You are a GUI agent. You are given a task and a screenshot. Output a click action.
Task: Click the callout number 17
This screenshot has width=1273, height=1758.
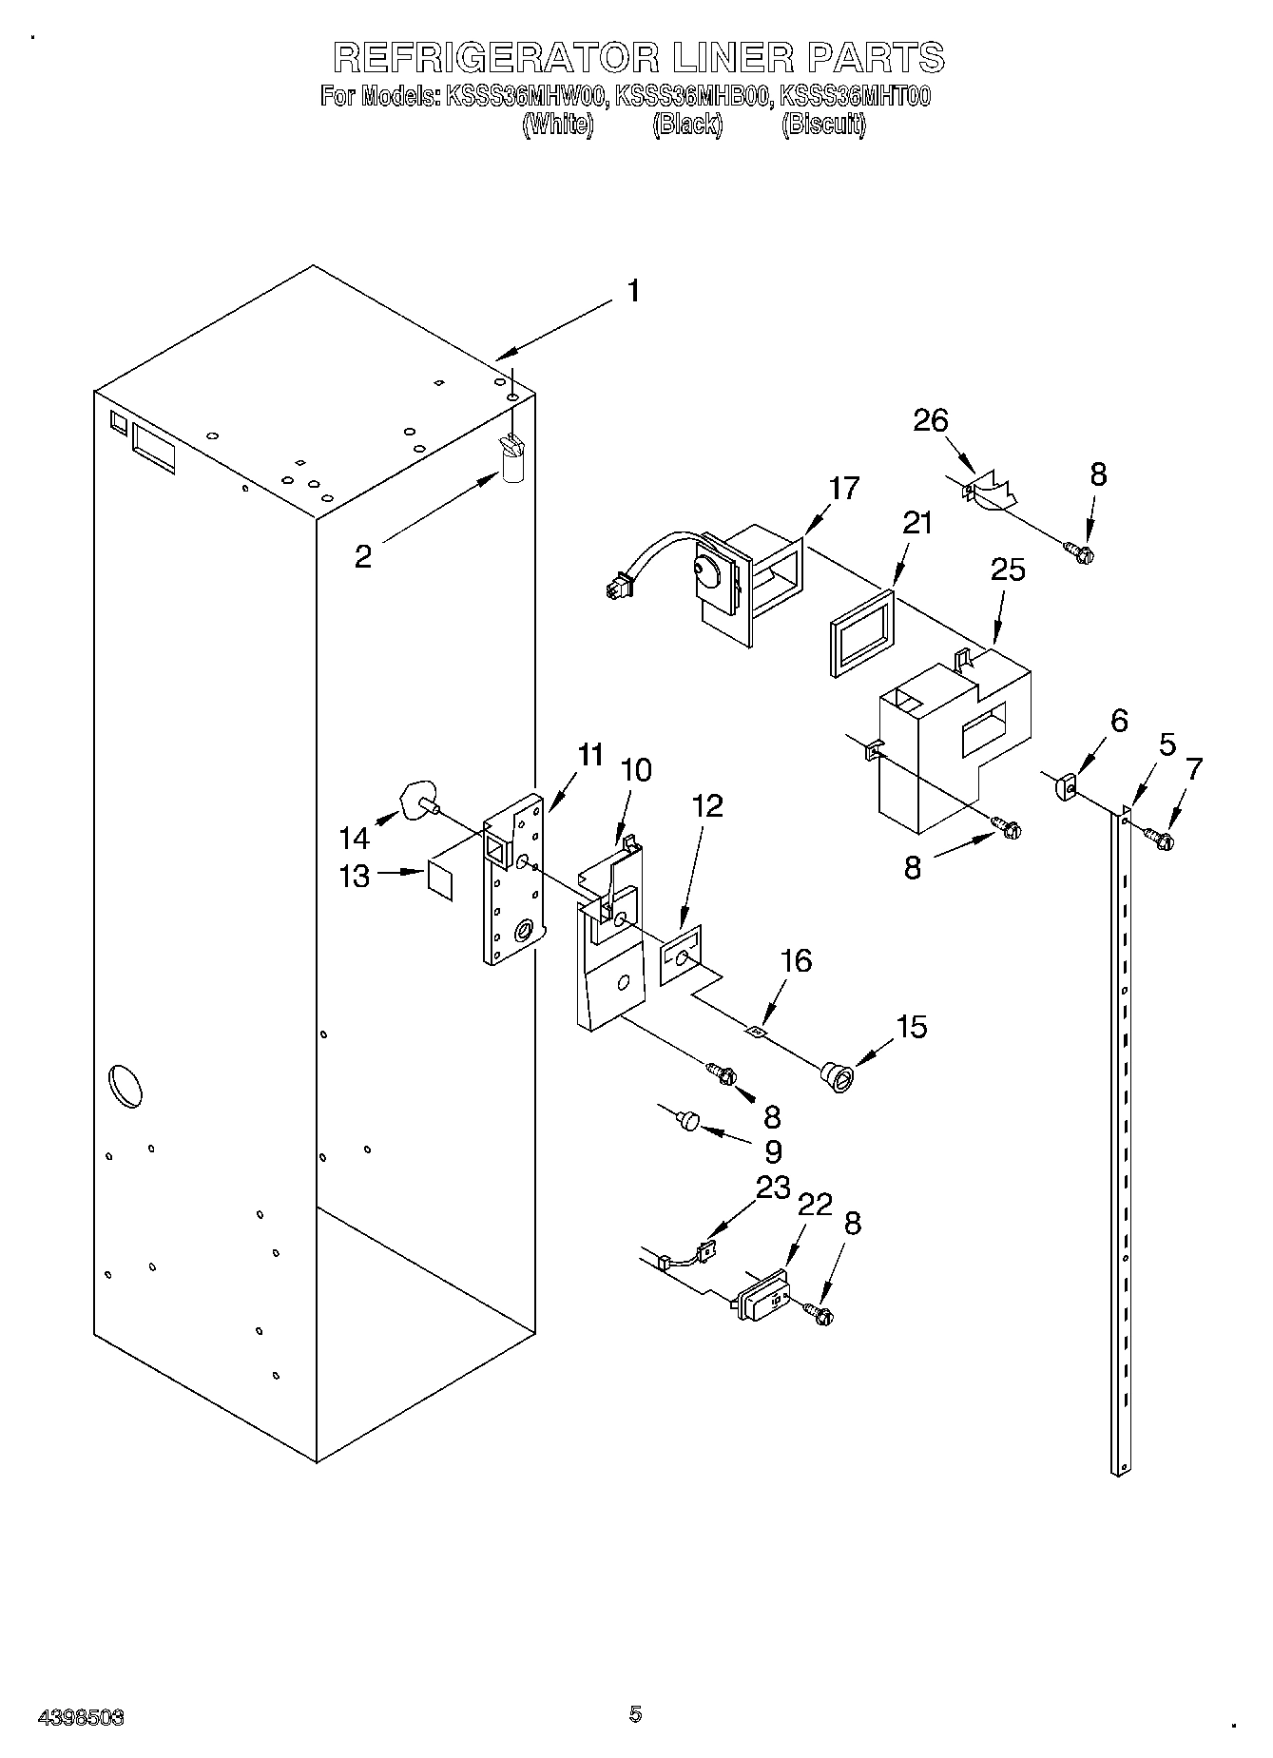coord(842,489)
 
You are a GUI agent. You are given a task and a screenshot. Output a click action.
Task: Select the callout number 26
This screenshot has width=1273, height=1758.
coord(931,420)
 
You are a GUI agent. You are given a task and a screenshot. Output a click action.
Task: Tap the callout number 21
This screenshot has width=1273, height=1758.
coord(916,524)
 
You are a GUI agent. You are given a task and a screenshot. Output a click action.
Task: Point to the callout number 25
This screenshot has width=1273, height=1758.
coord(1008,570)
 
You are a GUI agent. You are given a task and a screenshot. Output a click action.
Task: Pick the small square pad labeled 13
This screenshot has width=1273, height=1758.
coord(440,877)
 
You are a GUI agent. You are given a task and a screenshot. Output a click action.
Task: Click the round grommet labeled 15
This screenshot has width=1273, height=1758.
coord(837,1077)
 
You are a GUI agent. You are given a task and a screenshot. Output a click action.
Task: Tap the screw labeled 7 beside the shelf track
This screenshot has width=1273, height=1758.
coord(1158,838)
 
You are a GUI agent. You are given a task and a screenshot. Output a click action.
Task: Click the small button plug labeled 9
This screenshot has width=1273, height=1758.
coord(686,1120)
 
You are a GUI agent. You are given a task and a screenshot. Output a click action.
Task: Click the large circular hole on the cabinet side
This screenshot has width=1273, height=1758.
coord(125,1087)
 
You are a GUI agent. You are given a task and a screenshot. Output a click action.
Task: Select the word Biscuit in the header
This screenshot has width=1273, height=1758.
coord(823,125)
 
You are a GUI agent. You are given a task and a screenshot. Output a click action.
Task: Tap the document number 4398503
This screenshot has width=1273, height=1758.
coord(81,1717)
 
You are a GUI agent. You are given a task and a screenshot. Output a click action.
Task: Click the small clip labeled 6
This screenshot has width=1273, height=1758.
coord(1064,786)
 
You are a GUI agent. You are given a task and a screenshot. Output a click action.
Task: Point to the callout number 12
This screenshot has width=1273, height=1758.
coord(706,806)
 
